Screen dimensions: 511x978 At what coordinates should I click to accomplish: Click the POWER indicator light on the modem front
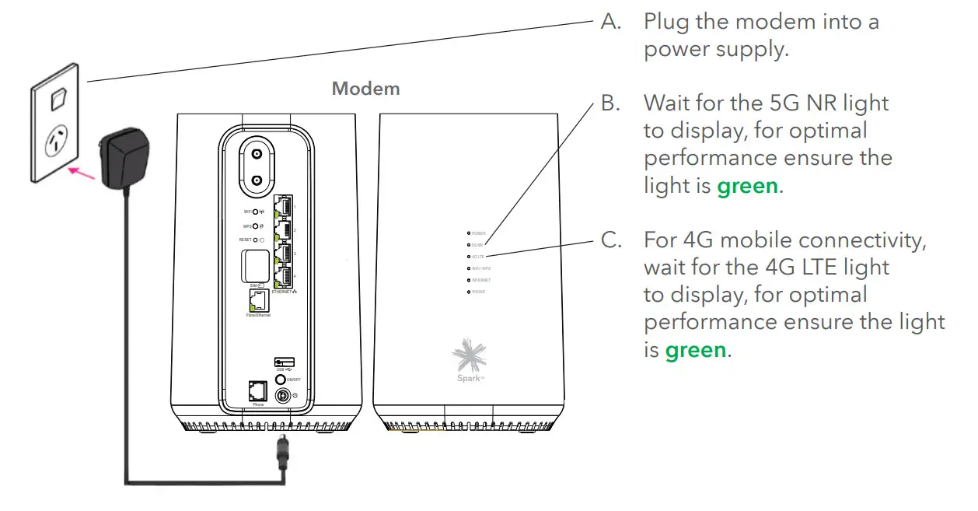pos(468,233)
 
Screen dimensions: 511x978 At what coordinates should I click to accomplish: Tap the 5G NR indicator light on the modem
pos(468,244)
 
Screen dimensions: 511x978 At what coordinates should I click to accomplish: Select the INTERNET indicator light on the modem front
pos(468,279)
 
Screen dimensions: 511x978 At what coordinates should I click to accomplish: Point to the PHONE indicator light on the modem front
pos(468,292)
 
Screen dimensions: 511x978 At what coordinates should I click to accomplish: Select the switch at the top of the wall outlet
pos(57,100)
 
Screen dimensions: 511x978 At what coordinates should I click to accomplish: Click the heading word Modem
pos(365,89)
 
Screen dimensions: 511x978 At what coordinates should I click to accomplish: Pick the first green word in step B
pos(746,186)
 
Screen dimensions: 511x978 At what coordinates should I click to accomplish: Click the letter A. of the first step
pos(612,22)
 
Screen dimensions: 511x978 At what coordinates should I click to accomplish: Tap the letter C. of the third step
pos(612,240)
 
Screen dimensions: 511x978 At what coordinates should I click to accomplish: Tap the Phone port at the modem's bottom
pos(258,391)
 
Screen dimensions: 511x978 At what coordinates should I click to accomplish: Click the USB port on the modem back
pos(282,362)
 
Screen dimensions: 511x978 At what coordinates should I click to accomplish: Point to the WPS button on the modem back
pos(254,226)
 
